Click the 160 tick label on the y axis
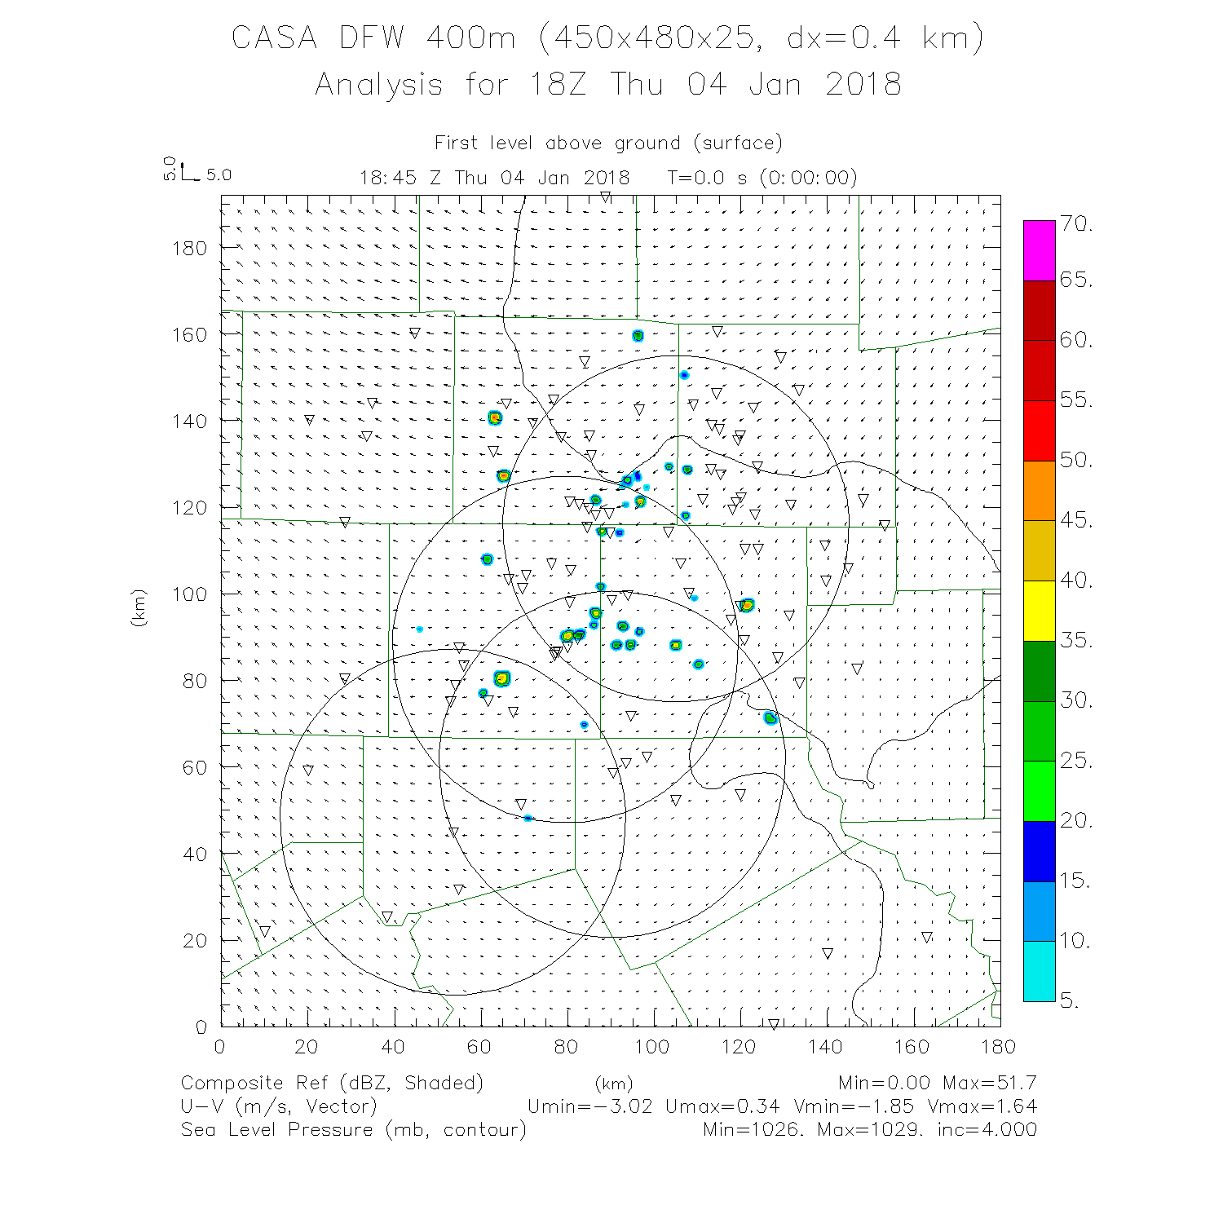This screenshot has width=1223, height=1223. (x=189, y=334)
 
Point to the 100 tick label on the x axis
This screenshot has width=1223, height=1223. (x=652, y=1047)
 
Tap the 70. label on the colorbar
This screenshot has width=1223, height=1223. (x=1076, y=224)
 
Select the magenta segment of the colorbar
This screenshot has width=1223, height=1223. (x=1039, y=250)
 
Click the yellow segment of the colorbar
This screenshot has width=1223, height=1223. (x=1039, y=611)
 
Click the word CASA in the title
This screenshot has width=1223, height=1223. (x=274, y=38)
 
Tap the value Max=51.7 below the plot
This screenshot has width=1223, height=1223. (x=989, y=1084)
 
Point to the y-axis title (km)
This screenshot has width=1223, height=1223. (x=139, y=607)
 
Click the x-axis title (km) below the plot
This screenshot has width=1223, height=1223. (x=613, y=1084)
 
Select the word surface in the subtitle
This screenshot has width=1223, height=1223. (x=738, y=143)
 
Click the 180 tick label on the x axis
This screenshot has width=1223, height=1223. (x=998, y=1047)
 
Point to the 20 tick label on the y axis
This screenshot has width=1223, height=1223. (x=196, y=941)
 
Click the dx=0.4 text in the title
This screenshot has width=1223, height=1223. (x=843, y=38)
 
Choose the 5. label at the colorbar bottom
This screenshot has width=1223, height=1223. (x=1070, y=1001)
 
